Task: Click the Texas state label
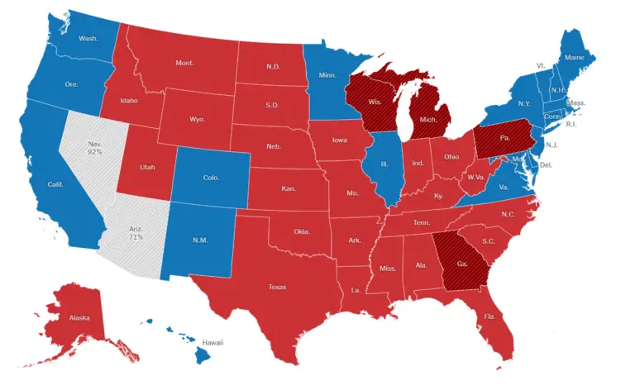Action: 277,287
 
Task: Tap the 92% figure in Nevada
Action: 96,153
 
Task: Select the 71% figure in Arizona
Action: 136,237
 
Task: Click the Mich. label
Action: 428,120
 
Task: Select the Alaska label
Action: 80,317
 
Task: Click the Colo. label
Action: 211,177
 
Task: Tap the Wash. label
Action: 88,38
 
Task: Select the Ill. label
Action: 384,163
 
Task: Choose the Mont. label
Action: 184,63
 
